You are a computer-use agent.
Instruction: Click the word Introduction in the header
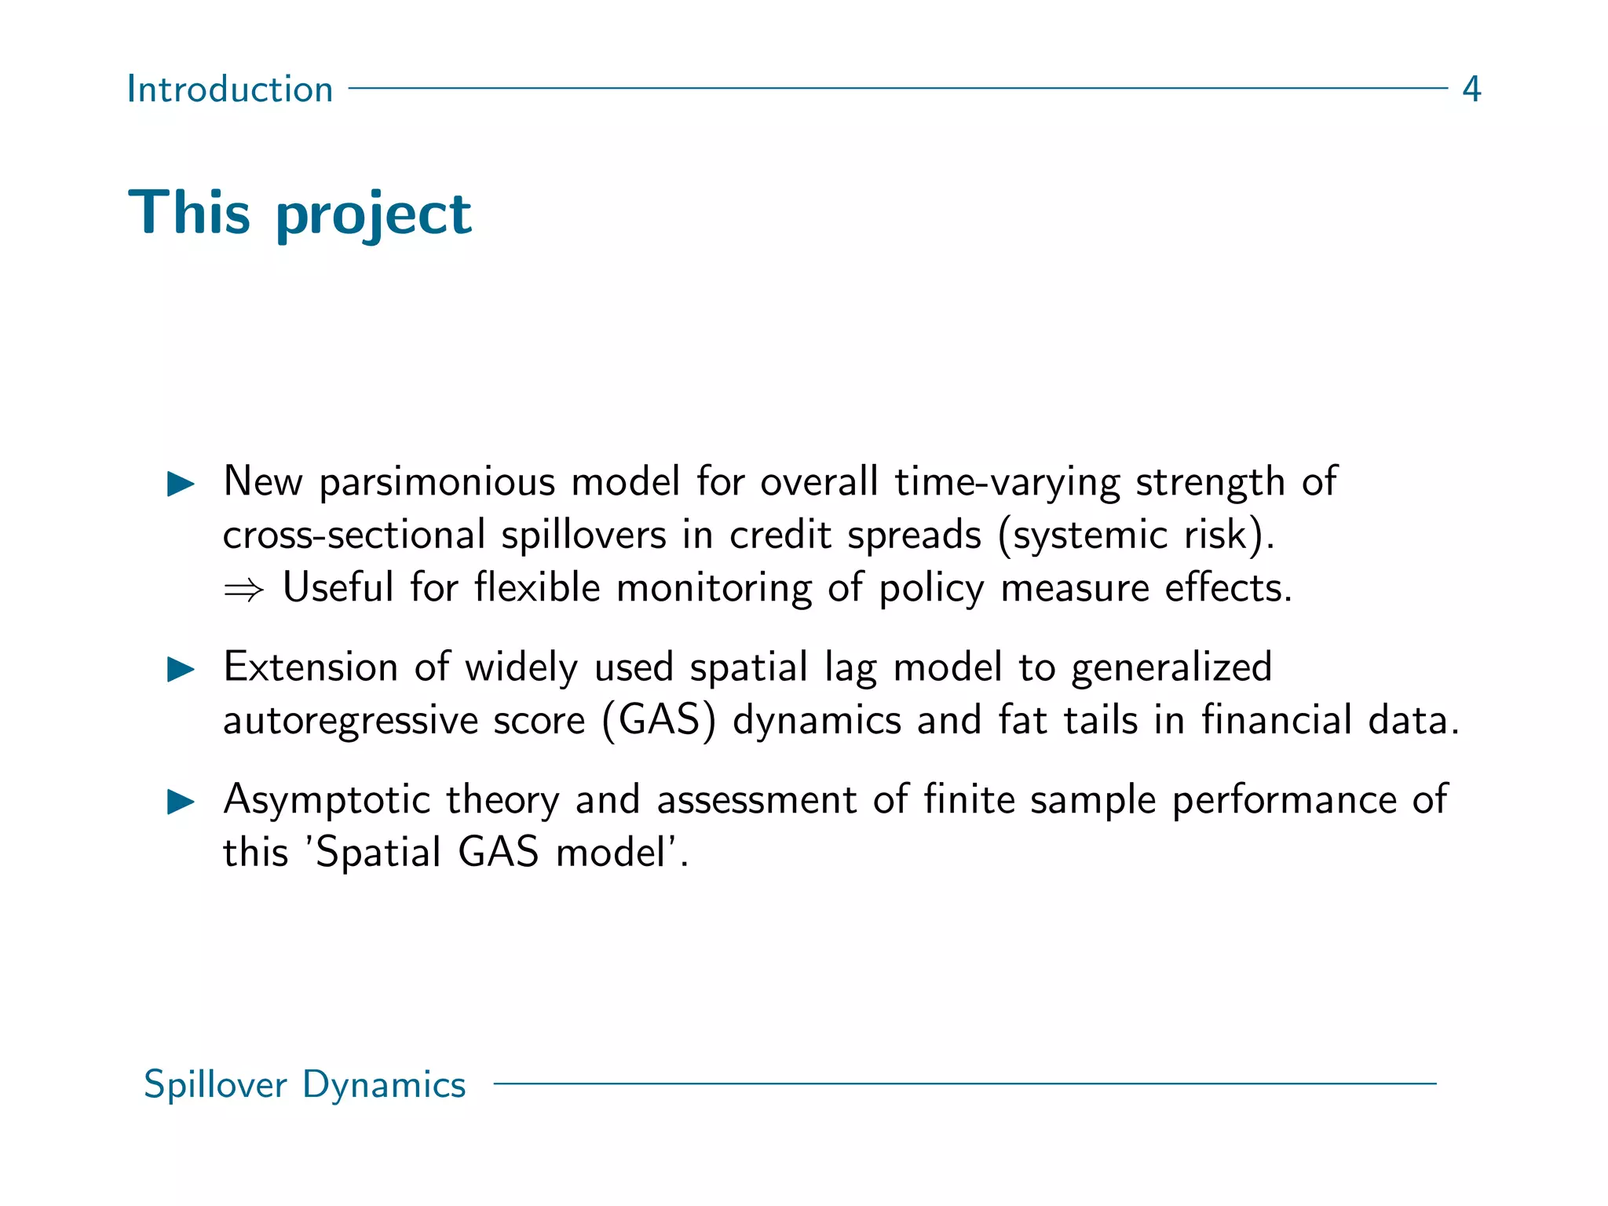click(x=230, y=90)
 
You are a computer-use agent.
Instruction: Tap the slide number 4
click(x=1471, y=90)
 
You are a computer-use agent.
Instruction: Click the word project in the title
click(x=374, y=215)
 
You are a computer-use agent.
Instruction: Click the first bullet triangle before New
click(x=181, y=484)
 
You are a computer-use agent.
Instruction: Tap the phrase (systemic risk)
click(x=1136, y=535)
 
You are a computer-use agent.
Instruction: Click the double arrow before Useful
click(x=243, y=590)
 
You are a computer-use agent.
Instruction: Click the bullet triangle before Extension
click(x=181, y=670)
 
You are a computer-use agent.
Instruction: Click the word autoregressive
click(x=350, y=722)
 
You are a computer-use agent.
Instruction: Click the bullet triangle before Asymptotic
click(x=181, y=802)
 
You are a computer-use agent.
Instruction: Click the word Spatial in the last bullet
click(x=378, y=853)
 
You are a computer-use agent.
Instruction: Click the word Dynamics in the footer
click(x=384, y=1085)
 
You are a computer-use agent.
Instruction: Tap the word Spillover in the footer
click(x=216, y=1085)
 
